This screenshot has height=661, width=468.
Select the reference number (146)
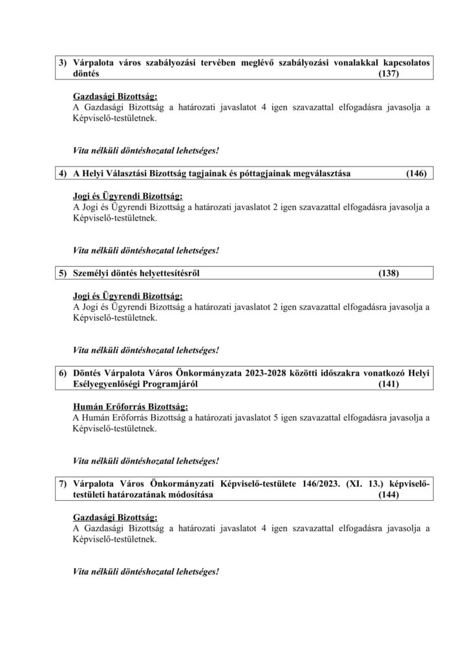[x=416, y=174]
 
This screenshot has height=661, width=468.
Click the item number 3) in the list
[x=63, y=63]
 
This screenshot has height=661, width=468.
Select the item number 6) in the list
[x=63, y=372]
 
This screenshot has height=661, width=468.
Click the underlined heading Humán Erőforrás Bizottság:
[x=130, y=407]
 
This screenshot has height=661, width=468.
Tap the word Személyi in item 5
[x=93, y=273]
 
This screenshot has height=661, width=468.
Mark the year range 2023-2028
[x=281, y=372]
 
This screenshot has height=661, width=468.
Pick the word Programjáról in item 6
[x=173, y=384]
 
